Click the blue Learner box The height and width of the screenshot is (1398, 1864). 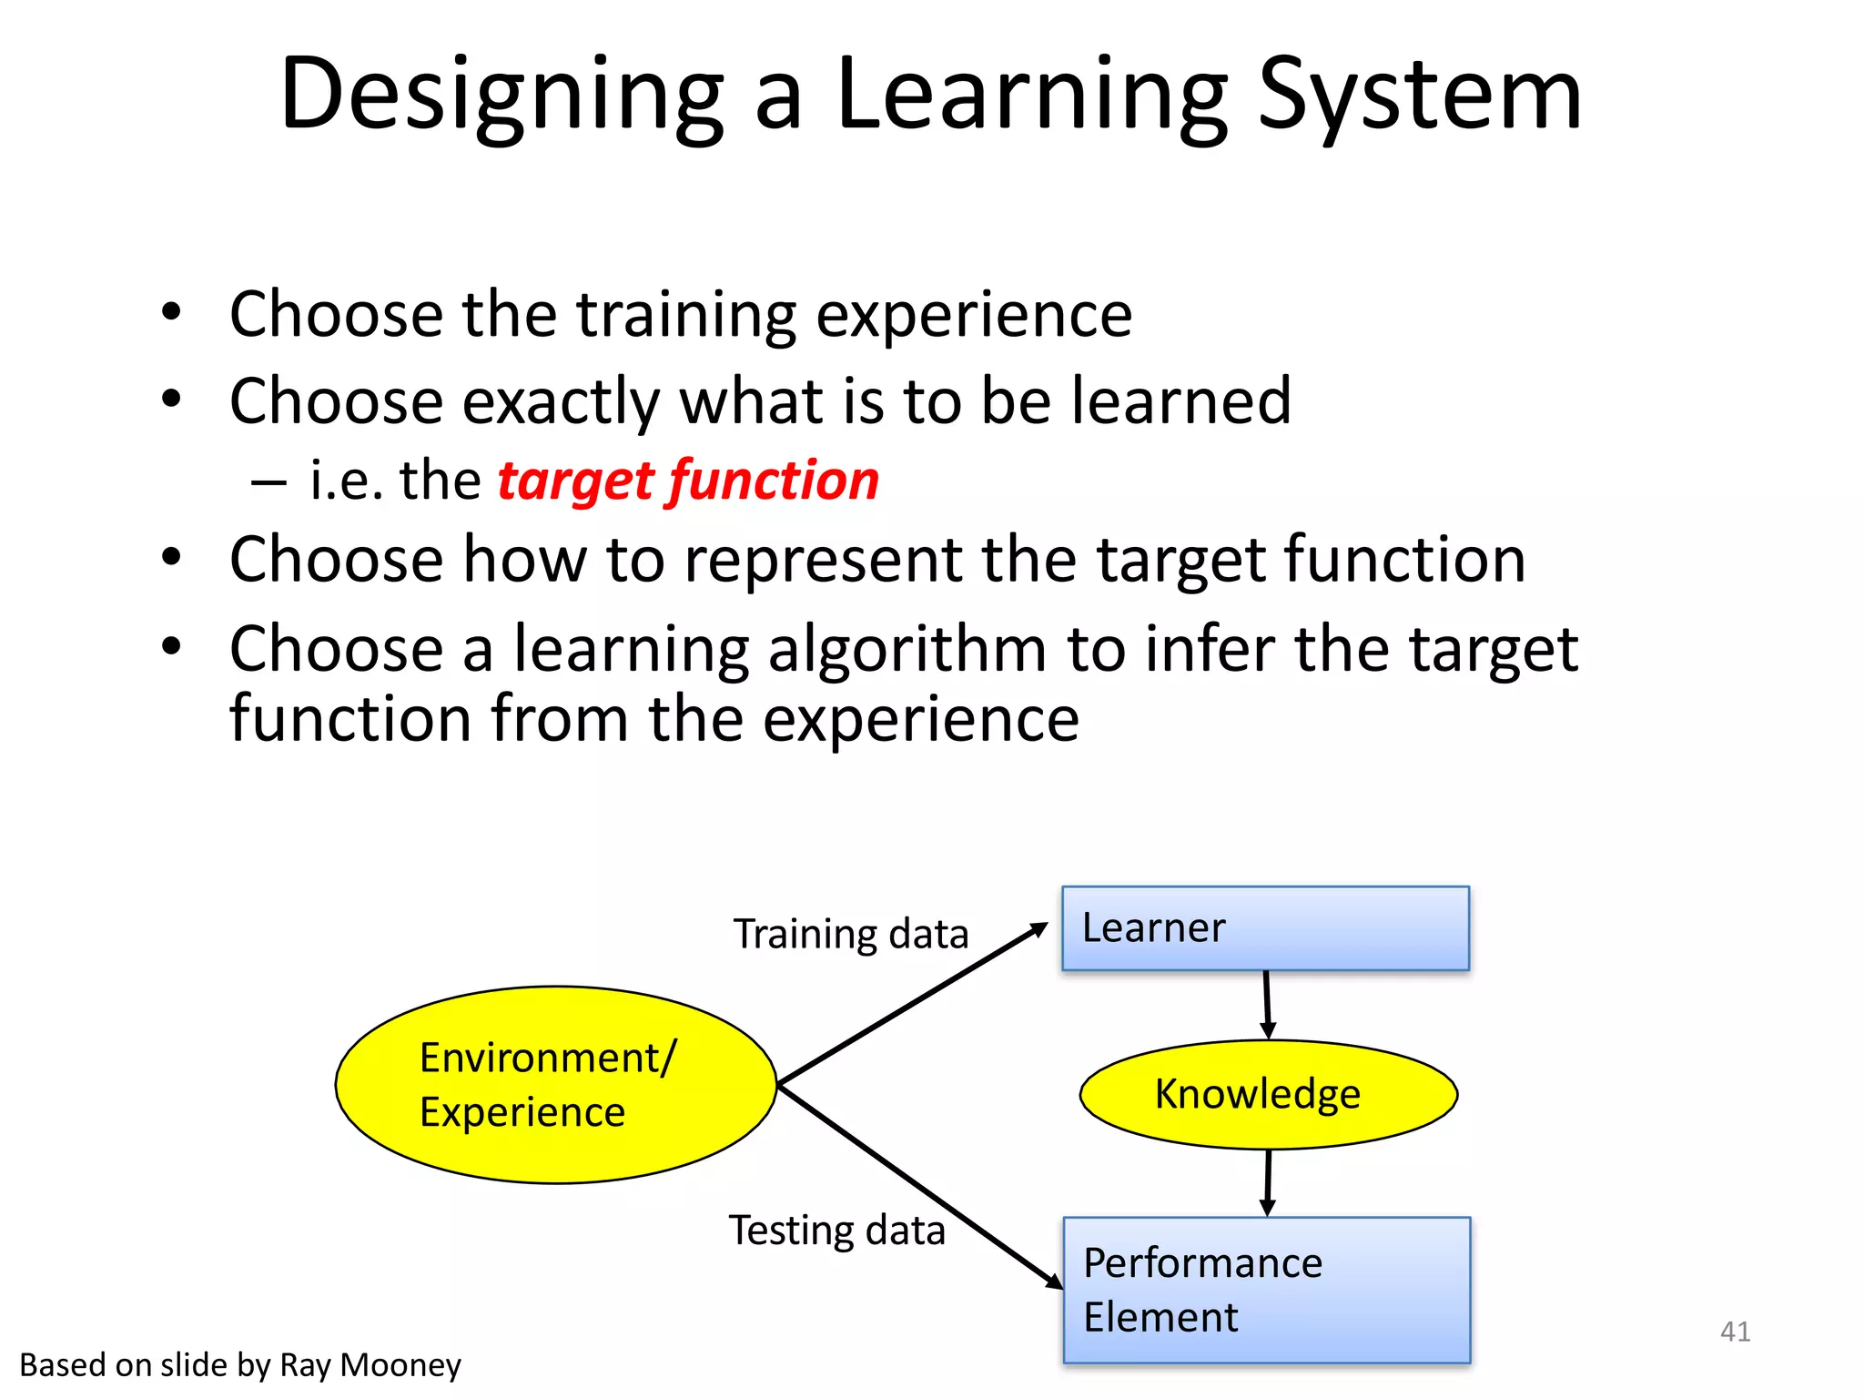(x=1265, y=928)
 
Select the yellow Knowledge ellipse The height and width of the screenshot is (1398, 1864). (x=1267, y=1094)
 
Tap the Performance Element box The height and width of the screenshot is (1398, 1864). (x=1267, y=1290)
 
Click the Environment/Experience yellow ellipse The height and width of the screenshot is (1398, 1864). (x=555, y=1085)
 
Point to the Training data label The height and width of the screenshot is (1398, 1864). (x=851, y=935)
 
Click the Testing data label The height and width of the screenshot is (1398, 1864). (x=836, y=1231)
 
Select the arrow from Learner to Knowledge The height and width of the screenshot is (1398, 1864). (x=1267, y=1003)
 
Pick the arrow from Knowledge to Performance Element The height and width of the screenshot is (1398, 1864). (x=1268, y=1181)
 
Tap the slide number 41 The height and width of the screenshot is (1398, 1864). (x=1735, y=1332)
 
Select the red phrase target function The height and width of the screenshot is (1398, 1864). (x=688, y=481)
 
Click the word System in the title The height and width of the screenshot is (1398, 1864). (x=1419, y=94)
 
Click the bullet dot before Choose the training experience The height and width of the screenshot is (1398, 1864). (x=171, y=313)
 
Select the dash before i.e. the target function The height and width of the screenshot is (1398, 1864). (x=269, y=482)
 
